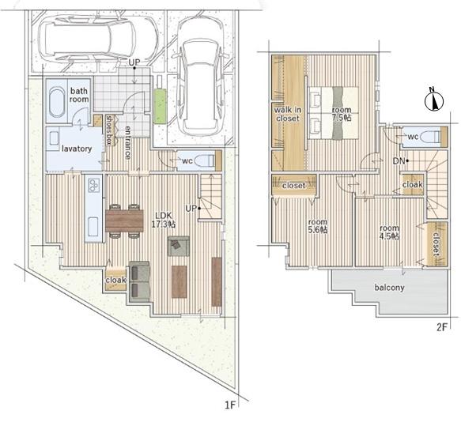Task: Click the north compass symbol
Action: pyautogui.click(x=433, y=100)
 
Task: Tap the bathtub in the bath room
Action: pyautogui.click(x=57, y=102)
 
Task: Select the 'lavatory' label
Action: pyautogui.click(x=77, y=149)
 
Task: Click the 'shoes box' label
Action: pyautogui.click(x=110, y=130)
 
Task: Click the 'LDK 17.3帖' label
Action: pyautogui.click(x=164, y=220)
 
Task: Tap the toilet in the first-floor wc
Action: pyautogui.click(x=205, y=160)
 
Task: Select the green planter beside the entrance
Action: pyautogui.click(x=161, y=106)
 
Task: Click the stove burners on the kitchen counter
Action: pyautogui.click(x=94, y=185)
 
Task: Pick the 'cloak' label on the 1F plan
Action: pyautogui.click(x=115, y=281)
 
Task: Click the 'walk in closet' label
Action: pyautogui.click(x=288, y=115)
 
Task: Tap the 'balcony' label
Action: pyautogui.click(x=389, y=288)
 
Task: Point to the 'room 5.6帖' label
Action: pyautogui.click(x=318, y=226)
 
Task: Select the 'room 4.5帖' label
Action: pyautogui.click(x=389, y=232)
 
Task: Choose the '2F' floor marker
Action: pyautogui.click(x=441, y=327)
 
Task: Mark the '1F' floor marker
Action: pyautogui.click(x=231, y=405)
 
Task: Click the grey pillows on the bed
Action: pyautogui.click(x=338, y=112)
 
